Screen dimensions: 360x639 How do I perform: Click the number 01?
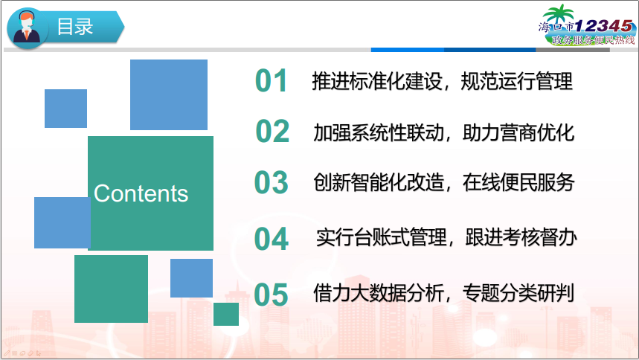point(271,81)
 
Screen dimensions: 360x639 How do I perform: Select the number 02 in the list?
point(272,132)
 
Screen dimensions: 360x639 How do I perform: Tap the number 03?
point(271,182)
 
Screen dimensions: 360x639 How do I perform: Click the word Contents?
point(141,193)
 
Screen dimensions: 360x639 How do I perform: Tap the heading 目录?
point(75,27)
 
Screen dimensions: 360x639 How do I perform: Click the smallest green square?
point(226,314)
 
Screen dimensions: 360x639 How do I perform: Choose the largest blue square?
point(169,94)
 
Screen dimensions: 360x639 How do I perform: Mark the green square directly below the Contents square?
point(111,289)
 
